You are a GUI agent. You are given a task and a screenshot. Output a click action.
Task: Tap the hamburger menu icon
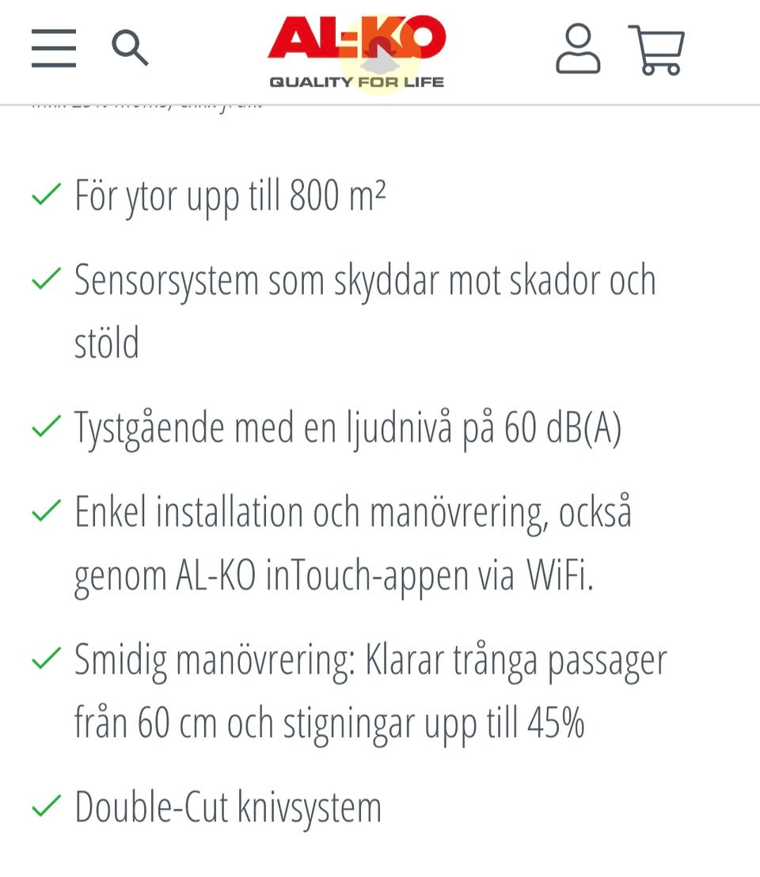pos(54,48)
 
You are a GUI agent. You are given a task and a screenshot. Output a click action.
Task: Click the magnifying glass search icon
pos(130,48)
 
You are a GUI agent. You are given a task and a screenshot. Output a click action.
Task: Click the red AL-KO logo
pos(357,40)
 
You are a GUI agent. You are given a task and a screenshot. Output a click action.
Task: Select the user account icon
pos(578,49)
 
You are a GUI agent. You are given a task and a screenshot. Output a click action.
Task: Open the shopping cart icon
pos(656,50)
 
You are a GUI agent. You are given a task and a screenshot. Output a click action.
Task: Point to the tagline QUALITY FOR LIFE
pos(357,82)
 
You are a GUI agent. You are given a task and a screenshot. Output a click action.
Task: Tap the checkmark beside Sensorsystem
pos(46,279)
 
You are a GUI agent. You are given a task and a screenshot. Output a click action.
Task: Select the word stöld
pos(107,344)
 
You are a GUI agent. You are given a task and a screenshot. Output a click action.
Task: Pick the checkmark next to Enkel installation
pos(46,511)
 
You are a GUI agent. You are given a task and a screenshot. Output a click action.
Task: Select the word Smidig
pos(120,659)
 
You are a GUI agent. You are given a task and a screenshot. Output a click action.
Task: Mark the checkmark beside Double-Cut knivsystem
pos(46,807)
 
